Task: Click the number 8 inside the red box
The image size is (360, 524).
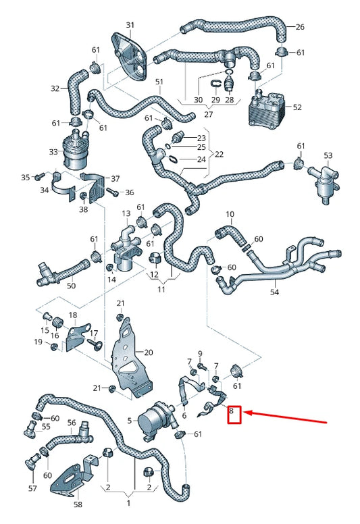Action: point(232,410)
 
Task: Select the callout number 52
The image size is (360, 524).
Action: point(297,107)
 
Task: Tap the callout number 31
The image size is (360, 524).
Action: point(130,25)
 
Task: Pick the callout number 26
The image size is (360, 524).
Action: point(300,28)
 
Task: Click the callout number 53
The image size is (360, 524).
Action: point(328,156)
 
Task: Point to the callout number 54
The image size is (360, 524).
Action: point(275,292)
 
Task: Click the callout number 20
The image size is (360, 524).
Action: point(149,352)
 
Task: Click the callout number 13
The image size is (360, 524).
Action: point(126,213)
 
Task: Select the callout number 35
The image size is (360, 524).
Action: point(26,177)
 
